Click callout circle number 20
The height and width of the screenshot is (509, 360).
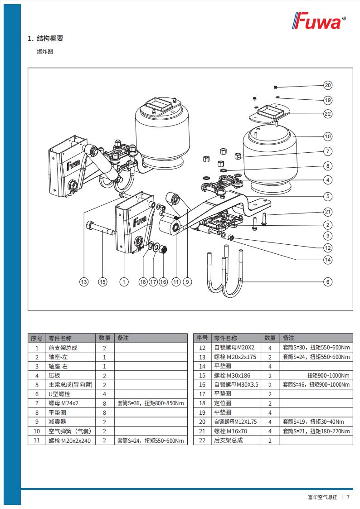tap(328, 85)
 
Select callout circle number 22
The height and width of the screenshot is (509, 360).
tap(328, 114)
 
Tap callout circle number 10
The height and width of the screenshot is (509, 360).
tap(328, 136)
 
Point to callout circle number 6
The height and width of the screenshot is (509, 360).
tap(328, 282)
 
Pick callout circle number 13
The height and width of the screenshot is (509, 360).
tap(84, 282)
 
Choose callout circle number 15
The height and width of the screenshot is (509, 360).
tap(103, 282)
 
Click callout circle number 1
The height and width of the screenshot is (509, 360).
tap(124, 282)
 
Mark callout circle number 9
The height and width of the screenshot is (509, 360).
tap(187, 282)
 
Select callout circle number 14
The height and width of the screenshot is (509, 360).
tap(328, 260)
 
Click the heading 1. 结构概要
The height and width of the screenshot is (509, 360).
tap(45, 39)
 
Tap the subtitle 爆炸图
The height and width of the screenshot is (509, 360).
tap(45, 52)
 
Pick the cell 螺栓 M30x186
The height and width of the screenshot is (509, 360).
tap(232, 375)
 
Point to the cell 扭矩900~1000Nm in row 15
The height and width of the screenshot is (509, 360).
tap(328, 375)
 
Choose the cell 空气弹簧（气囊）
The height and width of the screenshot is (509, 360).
tap(70, 431)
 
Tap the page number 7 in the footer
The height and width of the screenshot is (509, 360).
tap(348, 497)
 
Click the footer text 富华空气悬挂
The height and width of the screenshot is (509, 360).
tap(322, 497)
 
